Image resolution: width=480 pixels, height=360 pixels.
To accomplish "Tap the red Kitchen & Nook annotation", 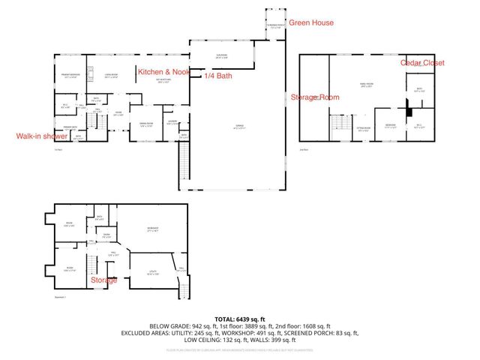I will (x=163, y=71).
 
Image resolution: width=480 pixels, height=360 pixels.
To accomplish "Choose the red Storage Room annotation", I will (x=315, y=97).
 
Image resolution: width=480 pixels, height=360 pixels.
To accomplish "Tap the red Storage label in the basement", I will (x=103, y=280).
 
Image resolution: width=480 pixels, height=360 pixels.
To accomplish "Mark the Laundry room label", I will (x=171, y=122).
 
